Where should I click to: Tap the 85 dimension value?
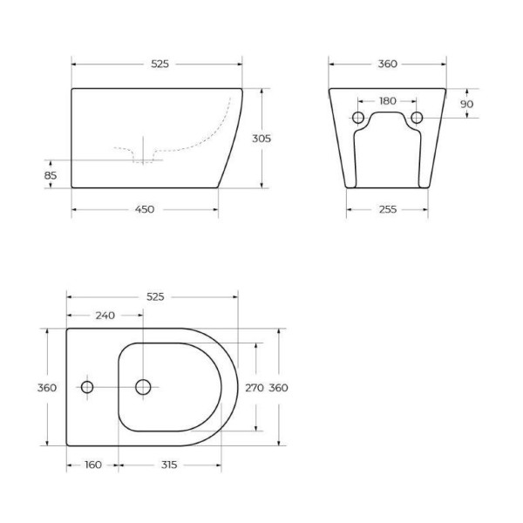[51, 175]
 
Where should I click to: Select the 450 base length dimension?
[145, 209]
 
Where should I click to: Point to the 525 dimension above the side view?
[160, 64]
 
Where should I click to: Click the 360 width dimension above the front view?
[388, 64]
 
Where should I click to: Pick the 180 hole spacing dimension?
[388, 100]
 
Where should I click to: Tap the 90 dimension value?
[466, 104]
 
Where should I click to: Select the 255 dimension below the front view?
[388, 209]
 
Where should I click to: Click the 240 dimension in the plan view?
[105, 316]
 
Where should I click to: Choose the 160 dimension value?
[93, 465]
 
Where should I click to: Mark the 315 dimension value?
[169, 465]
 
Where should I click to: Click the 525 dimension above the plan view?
[155, 296]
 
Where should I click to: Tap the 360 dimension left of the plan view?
[47, 387]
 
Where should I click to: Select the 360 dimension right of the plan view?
[278, 387]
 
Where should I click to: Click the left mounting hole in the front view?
[358, 118]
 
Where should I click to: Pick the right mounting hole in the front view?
[417, 118]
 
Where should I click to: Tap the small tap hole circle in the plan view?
[87, 386]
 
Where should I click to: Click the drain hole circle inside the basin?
[144, 386]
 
